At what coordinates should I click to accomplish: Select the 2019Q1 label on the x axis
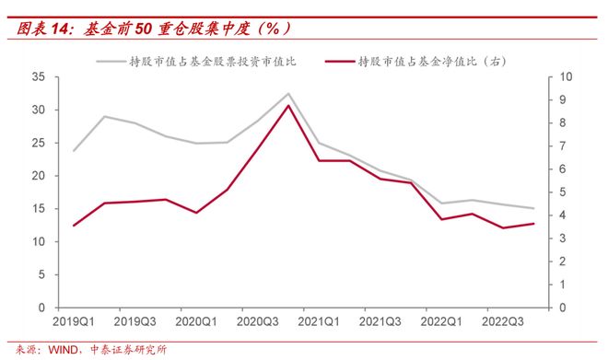(73, 322)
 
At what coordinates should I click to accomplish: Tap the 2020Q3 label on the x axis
(257, 322)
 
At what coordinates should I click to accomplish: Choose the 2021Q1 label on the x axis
(318, 322)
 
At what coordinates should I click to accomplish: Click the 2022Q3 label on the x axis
(502, 322)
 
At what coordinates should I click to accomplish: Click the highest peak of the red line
(288, 105)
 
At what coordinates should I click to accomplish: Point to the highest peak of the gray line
(288, 94)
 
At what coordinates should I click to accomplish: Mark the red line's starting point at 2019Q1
(74, 225)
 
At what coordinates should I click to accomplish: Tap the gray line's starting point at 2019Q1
(74, 150)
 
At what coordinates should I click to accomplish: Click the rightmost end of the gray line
(533, 208)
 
